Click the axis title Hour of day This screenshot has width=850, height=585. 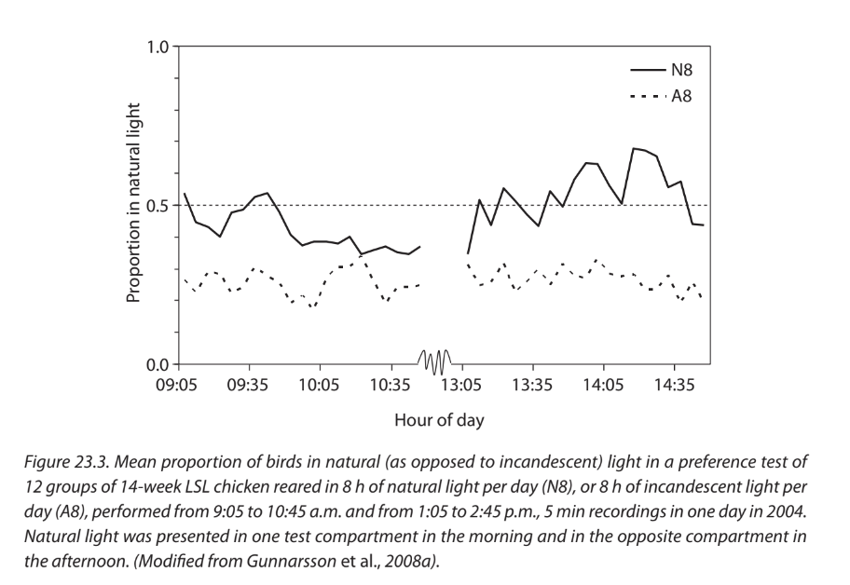[x=439, y=420]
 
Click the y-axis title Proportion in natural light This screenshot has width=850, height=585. [x=133, y=206]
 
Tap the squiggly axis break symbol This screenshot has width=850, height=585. [x=434, y=361]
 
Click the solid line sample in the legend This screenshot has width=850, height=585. [x=646, y=70]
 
